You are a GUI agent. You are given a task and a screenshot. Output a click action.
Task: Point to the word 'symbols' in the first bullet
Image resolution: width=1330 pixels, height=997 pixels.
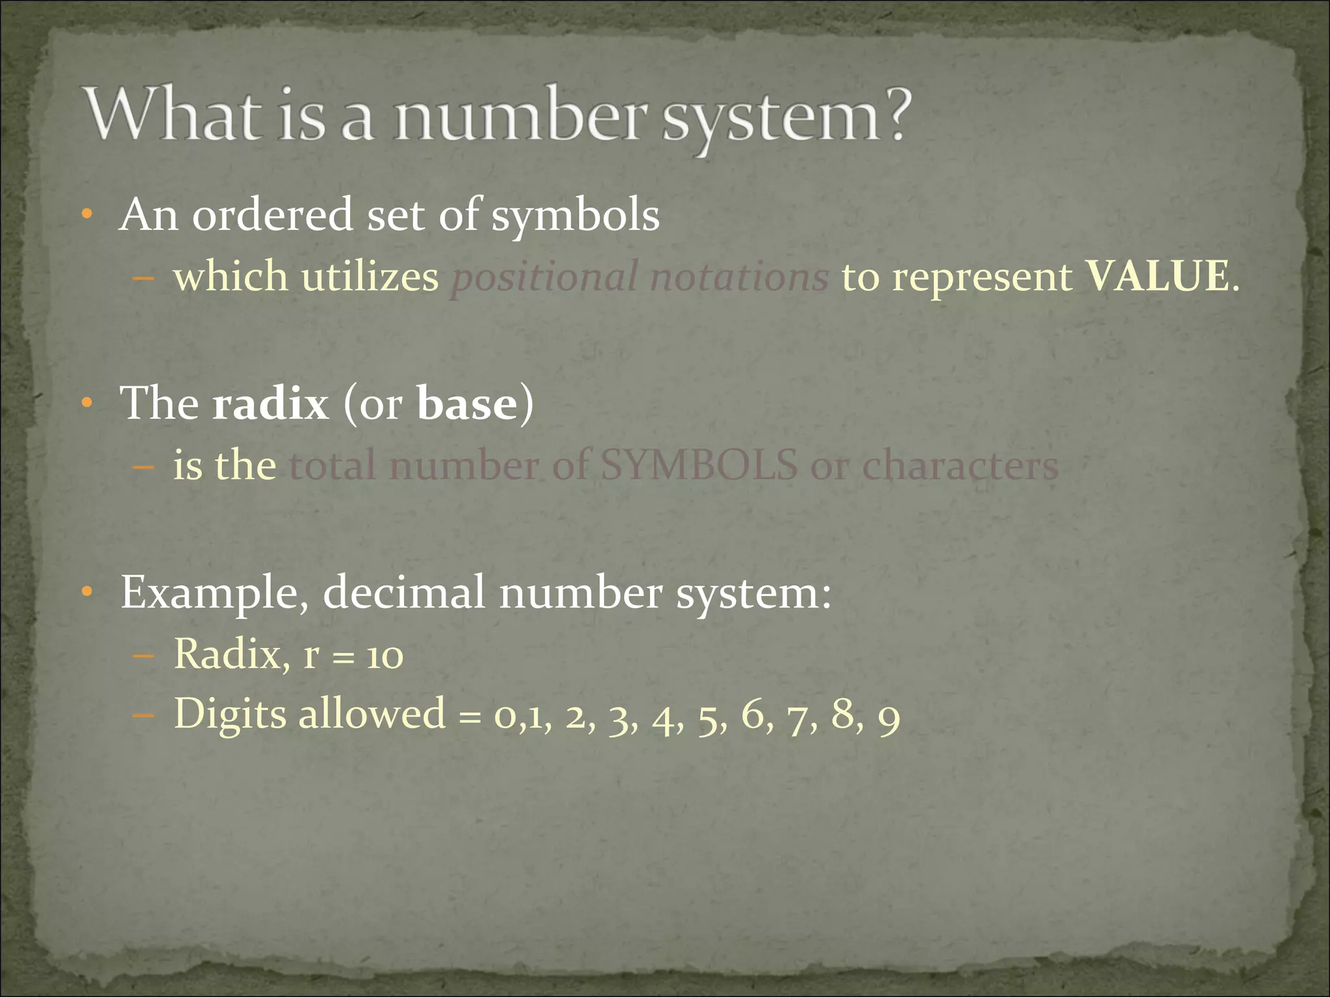click(575, 217)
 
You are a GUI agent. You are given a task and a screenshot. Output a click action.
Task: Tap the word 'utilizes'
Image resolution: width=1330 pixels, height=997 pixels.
click(370, 277)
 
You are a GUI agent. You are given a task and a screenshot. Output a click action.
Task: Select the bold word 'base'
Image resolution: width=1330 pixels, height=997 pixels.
click(467, 404)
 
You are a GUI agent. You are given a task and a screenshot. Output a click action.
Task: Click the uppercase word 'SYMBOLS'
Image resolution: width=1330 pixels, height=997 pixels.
click(698, 465)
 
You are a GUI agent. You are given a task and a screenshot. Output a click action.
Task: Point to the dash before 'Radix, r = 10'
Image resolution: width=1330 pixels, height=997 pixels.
click(143, 656)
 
